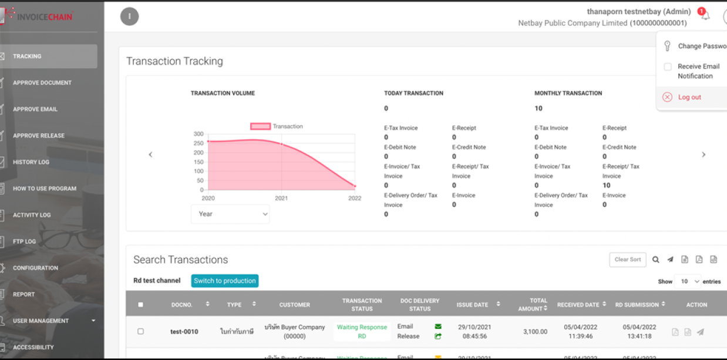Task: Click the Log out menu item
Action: pos(689,97)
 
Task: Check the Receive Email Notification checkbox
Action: pos(668,67)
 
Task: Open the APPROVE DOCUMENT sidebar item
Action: pos(42,83)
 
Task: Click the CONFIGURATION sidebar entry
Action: pos(35,268)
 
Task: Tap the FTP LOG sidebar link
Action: pos(24,241)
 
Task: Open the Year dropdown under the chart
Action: pos(230,214)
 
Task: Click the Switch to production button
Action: pos(225,281)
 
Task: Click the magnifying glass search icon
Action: pos(656,260)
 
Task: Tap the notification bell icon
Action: pos(705,15)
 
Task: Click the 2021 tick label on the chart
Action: pos(281,198)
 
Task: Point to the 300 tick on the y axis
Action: pos(198,134)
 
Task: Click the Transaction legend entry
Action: pos(277,126)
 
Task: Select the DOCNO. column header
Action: pos(181,305)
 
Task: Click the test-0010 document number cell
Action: pos(184,332)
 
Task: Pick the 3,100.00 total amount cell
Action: pos(535,332)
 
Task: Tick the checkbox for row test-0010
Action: pos(140,332)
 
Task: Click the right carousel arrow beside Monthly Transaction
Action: pos(704,155)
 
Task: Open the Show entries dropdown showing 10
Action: pos(687,281)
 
